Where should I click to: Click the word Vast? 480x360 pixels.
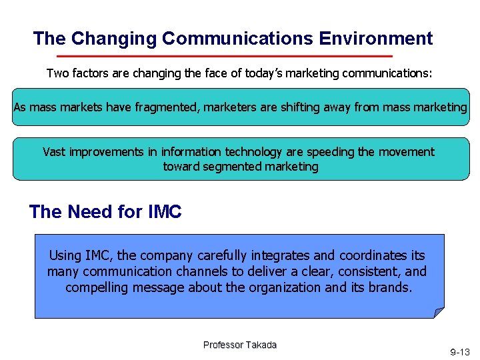(55, 152)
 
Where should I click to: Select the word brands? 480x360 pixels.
(393, 287)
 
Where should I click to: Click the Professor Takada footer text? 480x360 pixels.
(240, 345)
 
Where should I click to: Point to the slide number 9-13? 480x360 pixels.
(459, 351)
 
